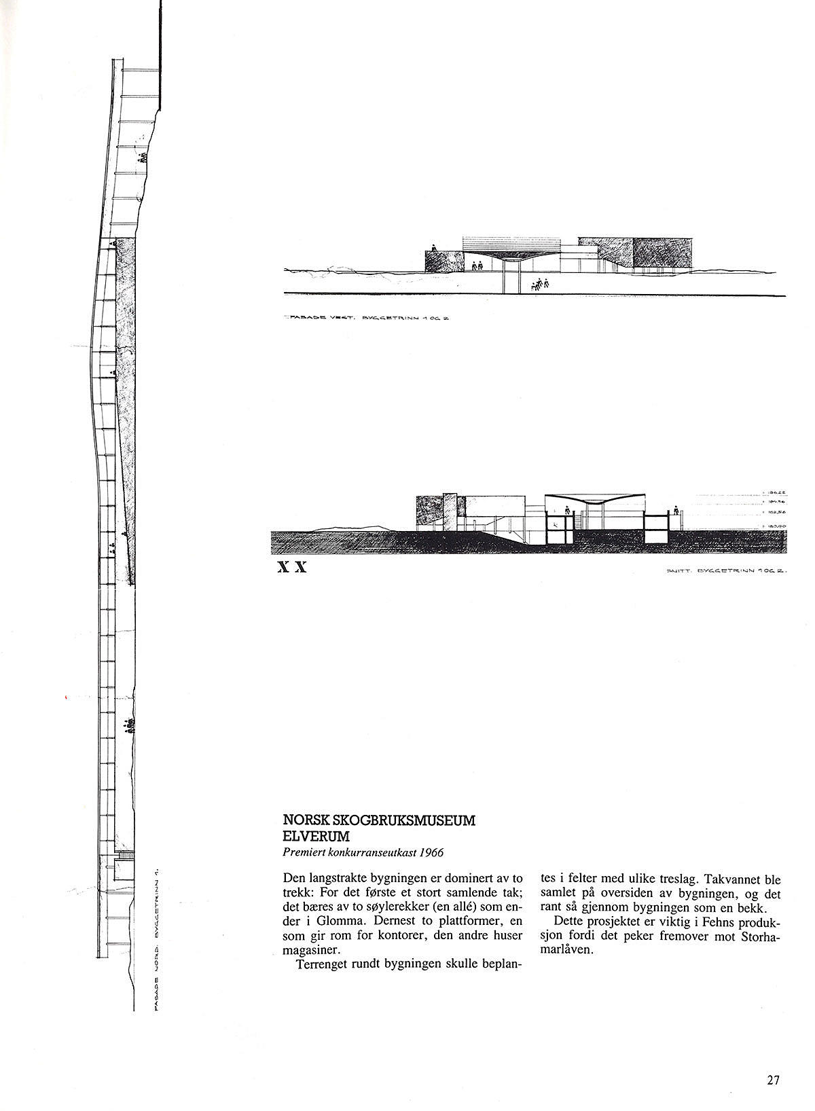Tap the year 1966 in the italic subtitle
point(431,852)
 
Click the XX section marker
point(293,568)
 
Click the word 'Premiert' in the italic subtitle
point(303,852)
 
